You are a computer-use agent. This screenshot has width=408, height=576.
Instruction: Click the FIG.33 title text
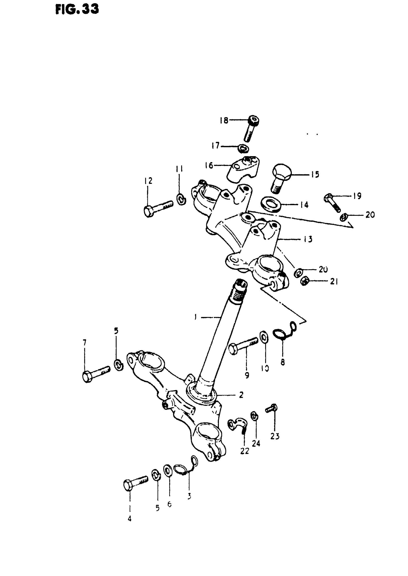click(77, 10)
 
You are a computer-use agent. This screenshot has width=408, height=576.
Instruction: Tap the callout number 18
click(224, 120)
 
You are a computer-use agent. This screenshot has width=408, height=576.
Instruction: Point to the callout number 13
click(307, 239)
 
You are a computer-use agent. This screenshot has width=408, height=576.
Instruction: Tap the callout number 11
click(179, 169)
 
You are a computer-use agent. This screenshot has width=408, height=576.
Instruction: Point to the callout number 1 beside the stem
click(195, 317)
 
